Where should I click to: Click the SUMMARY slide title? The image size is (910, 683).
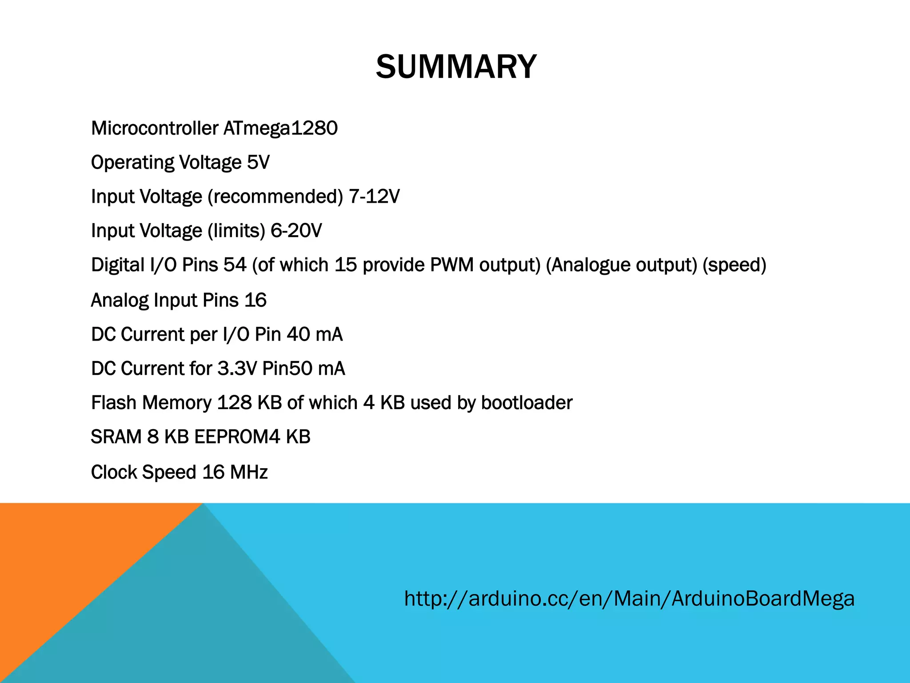(456, 67)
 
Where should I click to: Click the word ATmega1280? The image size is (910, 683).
(280, 129)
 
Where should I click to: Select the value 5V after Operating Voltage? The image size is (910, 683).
(258, 162)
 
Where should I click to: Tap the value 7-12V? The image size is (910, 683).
(374, 197)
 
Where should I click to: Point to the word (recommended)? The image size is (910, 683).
(275, 197)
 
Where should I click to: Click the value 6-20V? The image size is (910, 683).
(296, 231)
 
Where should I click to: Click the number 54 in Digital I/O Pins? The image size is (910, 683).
(235, 265)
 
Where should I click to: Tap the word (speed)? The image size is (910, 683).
(734, 265)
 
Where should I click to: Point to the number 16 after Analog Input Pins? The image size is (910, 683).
(255, 300)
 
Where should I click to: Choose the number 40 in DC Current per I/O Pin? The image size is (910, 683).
(298, 334)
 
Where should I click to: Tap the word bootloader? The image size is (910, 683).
(527, 403)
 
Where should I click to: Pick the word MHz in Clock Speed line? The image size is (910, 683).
(249, 472)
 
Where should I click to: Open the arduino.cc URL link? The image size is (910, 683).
(629, 599)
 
